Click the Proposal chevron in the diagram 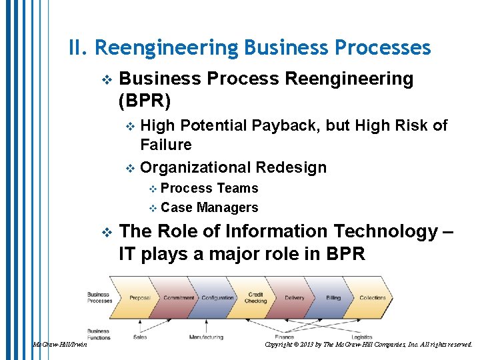point(139,298)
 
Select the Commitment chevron point(179,298)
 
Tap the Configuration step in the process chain point(217,298)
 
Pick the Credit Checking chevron point(256,297)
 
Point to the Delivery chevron point(294,298)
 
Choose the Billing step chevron point(333,298)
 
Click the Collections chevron point(373,298)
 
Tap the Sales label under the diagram point(140,337)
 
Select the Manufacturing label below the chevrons point(206,337)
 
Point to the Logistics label point(362,337)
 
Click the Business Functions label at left point(98,333)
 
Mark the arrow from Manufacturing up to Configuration point(210,323)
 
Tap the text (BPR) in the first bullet point(144,101)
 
